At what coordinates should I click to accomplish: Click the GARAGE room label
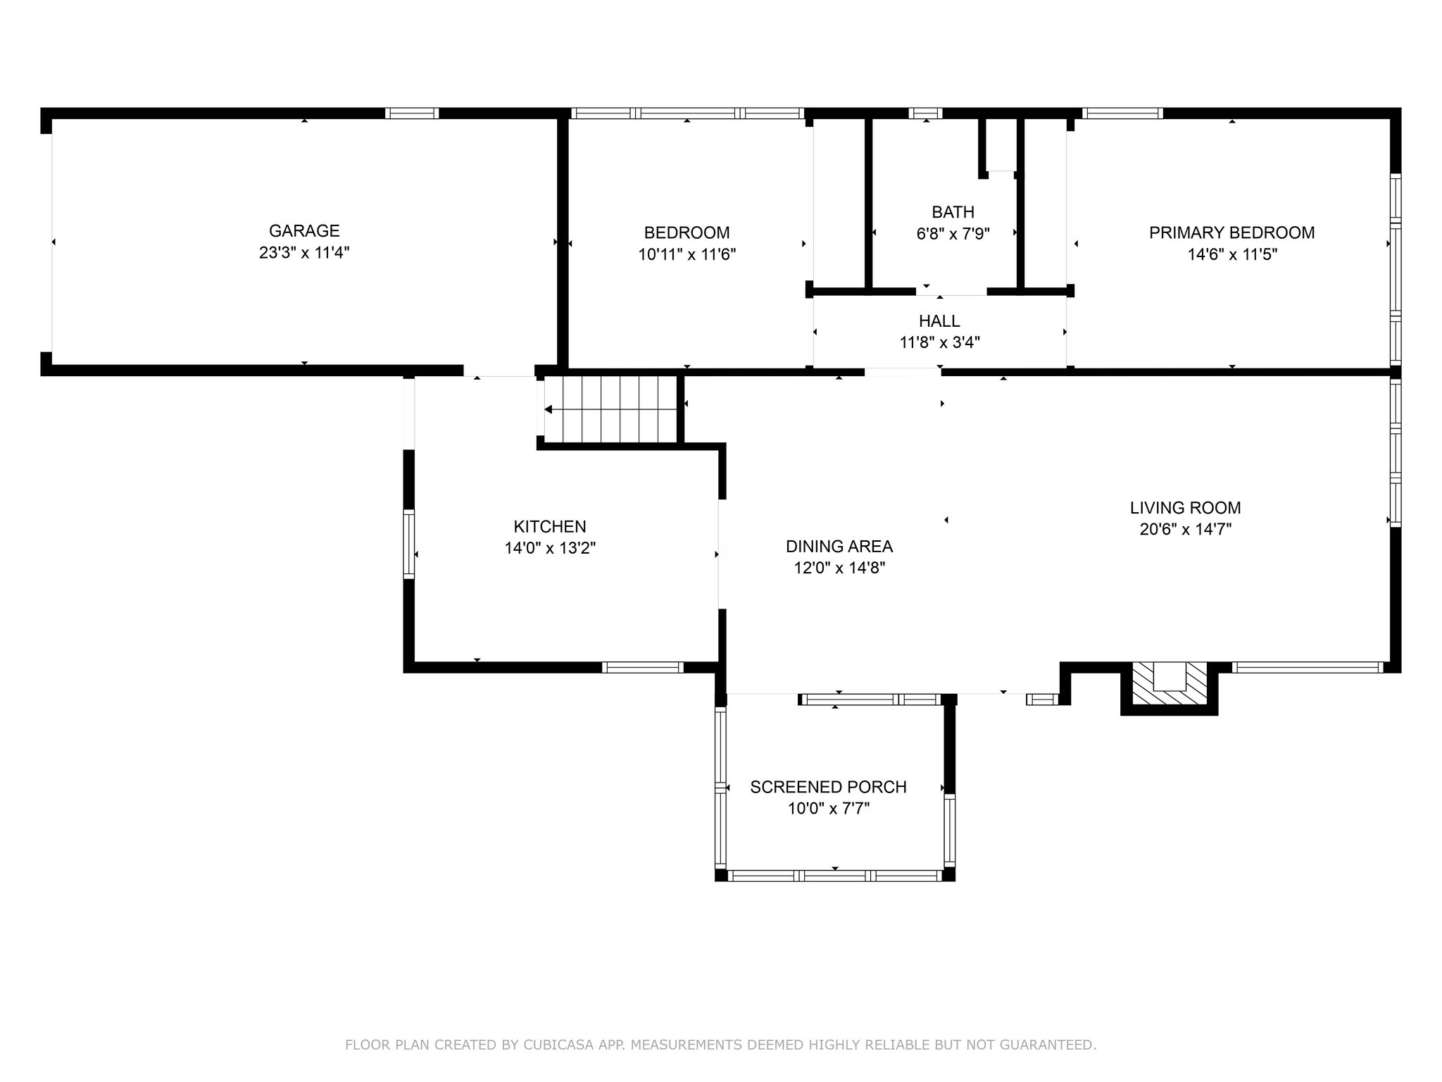pos(304,230)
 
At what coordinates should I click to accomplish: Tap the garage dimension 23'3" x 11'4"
pos(304,252)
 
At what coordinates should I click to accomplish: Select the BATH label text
pos(953,212)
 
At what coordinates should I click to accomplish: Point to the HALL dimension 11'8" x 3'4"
pos(940,342)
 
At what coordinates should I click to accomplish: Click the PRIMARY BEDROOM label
pos(1232,232)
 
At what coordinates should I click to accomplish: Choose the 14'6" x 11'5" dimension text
pos(1232,254)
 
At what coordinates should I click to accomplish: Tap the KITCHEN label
pos(550,526)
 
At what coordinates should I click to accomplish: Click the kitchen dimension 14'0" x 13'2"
pos(550,548)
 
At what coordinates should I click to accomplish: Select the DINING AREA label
pos(839,546)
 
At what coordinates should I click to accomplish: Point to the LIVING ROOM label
pos(1186,507)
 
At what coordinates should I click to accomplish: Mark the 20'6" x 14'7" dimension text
pos(1186,529)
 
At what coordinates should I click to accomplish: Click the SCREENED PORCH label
pos(829,787)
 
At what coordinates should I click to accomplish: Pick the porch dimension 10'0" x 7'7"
pos(829,809)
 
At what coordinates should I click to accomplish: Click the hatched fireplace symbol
pos(1170,683)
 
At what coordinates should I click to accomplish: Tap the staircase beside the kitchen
pos(610,409)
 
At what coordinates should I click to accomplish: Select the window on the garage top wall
pos(412,113)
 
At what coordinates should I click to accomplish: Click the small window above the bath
pos(925,113)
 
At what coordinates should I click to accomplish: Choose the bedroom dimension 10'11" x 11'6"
pos(687,254)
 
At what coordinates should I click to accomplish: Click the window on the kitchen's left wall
pos(408,543)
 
